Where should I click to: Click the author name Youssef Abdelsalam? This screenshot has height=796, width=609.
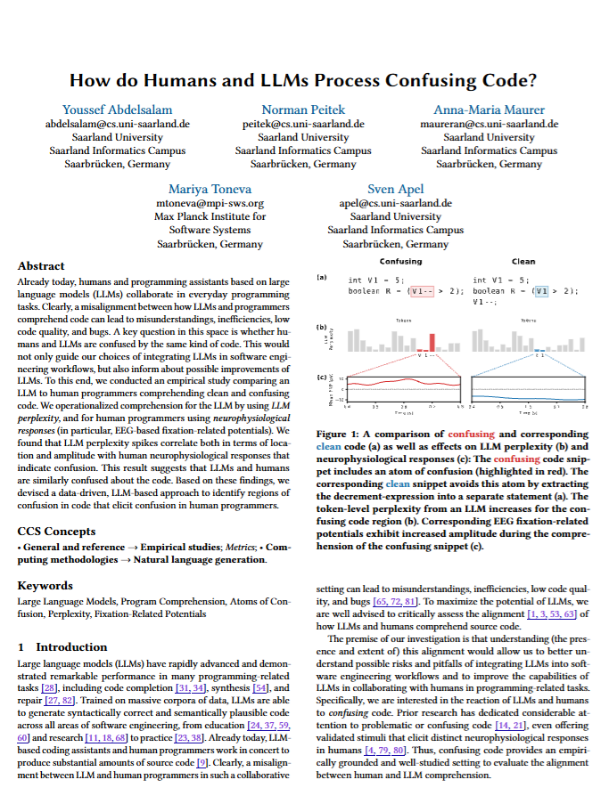pos(118,110)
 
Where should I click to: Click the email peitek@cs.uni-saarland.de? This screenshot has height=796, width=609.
pos(303,124)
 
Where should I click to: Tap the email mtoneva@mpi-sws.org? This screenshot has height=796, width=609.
pos(210,203)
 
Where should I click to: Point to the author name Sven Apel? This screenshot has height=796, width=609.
pos(397,189)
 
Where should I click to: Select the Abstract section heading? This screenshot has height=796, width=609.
pos(41,266)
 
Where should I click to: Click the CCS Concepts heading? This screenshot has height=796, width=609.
pos(56,532)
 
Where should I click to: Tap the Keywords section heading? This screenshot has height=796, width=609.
pos(45,586)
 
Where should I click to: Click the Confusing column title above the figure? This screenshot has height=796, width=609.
pos(400,262)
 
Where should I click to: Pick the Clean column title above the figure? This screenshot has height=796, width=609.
pos(523,262)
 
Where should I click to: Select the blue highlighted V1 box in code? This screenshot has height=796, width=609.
pos(539,290)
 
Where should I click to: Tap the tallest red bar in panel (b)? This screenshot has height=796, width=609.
pos(432,343)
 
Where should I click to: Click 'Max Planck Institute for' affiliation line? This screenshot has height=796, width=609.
pos(210,216)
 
